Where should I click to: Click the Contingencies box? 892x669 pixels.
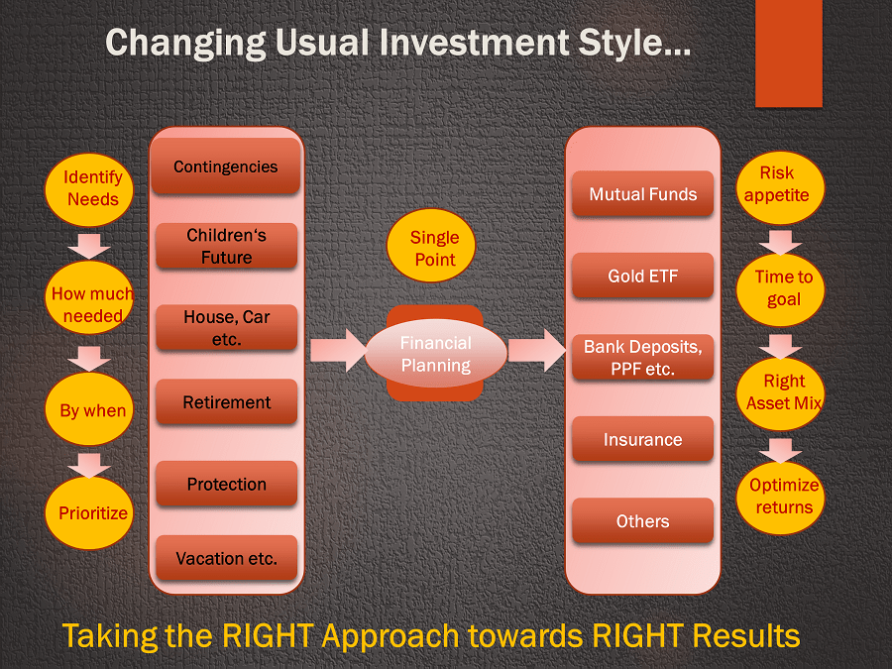226,167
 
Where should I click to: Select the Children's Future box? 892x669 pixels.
226,246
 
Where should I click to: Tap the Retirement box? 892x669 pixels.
226,401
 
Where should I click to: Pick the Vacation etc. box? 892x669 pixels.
226,557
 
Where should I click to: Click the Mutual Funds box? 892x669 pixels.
643,194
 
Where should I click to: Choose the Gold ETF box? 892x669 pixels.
643,276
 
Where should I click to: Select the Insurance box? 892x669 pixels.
643,439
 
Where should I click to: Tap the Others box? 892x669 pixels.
643,520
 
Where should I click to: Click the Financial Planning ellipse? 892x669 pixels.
436,353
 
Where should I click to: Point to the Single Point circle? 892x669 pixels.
431,246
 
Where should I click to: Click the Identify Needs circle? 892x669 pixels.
89,190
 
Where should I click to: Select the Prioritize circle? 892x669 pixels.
89,512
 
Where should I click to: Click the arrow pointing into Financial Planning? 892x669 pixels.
339,350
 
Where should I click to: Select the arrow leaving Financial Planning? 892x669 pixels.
537,350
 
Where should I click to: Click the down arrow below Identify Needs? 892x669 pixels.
89,245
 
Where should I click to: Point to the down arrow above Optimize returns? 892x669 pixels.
781,451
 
